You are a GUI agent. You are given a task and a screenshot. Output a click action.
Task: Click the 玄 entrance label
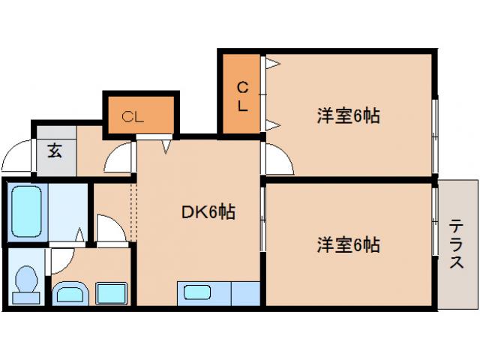coord(55,149)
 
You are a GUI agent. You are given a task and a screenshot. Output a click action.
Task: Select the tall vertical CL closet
coord(241,94)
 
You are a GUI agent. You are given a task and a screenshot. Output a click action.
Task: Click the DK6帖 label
coord(208,213)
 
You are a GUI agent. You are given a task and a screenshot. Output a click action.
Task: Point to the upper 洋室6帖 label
coord(347,116)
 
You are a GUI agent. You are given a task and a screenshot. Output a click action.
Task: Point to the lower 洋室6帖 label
coord(347,244)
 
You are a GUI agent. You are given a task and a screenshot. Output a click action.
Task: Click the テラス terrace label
coord(456,244)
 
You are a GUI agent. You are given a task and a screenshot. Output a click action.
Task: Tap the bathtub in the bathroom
coord(25,211)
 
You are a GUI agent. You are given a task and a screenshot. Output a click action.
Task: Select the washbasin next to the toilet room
coord(71,292)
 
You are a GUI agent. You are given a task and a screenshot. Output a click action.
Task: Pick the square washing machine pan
coord(110,292)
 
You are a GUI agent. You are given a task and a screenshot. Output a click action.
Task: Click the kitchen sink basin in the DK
coord(197,292)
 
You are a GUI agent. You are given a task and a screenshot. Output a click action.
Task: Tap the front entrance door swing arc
coord(16,160)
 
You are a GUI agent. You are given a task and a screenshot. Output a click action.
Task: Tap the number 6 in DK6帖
coord(213,213)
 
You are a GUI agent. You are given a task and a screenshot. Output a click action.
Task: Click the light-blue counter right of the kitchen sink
coord(244,292)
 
